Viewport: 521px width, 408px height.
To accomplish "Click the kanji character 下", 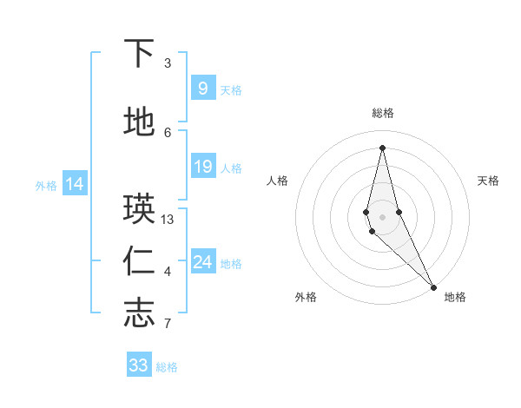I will click(x=139, y=54).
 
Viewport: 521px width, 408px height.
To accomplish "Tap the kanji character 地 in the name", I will click(x=139, y=122).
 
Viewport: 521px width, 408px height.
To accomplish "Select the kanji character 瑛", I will click(x=139, y=209).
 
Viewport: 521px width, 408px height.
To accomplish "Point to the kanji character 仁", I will click(x=139, y=261).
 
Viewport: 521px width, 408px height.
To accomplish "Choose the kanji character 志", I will click(x=139, y=313).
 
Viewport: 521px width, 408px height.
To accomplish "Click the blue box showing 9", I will click(x=202, y=88).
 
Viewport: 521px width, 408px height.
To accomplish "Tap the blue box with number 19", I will click(x=202, y=167).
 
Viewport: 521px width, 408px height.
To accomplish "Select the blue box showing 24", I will click(x=202, y=262).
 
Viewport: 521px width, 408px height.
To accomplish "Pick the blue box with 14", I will click(x=75, y=184).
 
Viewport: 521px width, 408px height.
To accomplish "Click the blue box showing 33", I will click(x=139, y=365).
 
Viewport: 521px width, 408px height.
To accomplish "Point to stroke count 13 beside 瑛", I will click(x=168, y=220).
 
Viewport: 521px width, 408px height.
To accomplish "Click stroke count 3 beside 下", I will click(x=168, y=63).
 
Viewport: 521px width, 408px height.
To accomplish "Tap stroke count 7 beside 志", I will click(x=168, y=325).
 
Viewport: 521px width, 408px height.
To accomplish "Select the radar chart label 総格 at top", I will click(x=382, y=113).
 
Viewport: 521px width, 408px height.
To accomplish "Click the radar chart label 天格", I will click(x=488, y=181).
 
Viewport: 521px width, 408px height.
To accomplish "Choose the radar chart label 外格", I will click(x=305, y=297).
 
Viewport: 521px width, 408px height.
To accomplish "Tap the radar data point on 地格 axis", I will click(x=432, y=286).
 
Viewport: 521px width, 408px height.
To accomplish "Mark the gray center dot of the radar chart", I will click(x=382, y=216).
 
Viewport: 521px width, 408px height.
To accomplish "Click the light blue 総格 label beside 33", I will click(x=167, y=367).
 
